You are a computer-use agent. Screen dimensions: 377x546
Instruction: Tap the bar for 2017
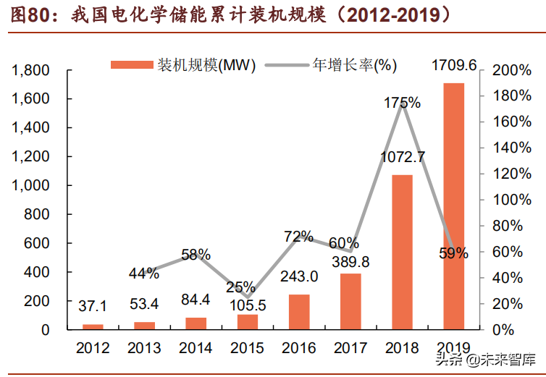350,301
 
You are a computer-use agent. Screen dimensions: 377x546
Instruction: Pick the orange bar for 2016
299,312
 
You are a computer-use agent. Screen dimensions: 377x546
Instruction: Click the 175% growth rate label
402,103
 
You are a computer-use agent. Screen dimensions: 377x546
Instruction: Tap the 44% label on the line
144,273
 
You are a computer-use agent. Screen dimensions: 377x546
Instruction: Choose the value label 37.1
93,307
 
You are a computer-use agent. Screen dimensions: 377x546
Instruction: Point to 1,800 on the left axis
30,70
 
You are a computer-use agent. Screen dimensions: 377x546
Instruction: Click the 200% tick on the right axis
511,70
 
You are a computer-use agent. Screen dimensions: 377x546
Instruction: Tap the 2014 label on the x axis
196,348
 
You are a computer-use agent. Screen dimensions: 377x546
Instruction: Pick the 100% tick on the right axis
511,200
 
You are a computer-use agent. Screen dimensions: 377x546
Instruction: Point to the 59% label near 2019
453,253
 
